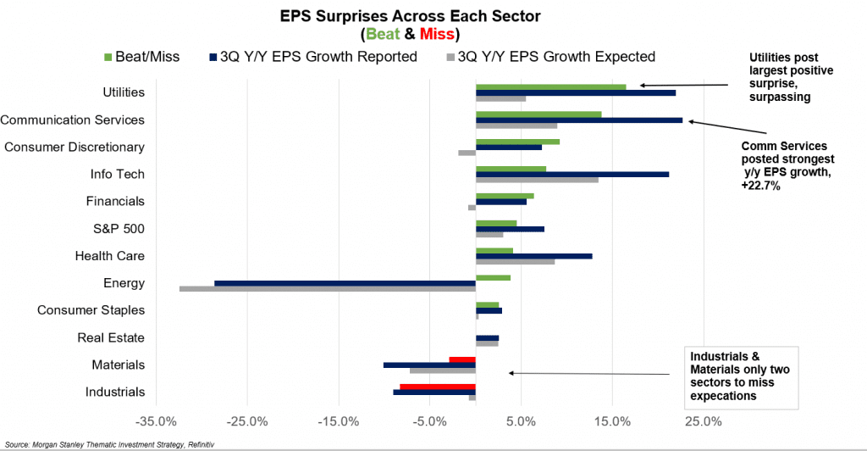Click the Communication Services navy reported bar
(x=579, y=120)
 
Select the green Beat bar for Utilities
(x=550, y=86)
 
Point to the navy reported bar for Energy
(x=345, y=283)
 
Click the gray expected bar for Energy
(x=328, y=289)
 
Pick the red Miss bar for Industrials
(x=437, y=387)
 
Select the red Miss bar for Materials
(x=462, y=359)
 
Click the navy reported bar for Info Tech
(x=572, y=175)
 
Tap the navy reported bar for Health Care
(x=533, y=256)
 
